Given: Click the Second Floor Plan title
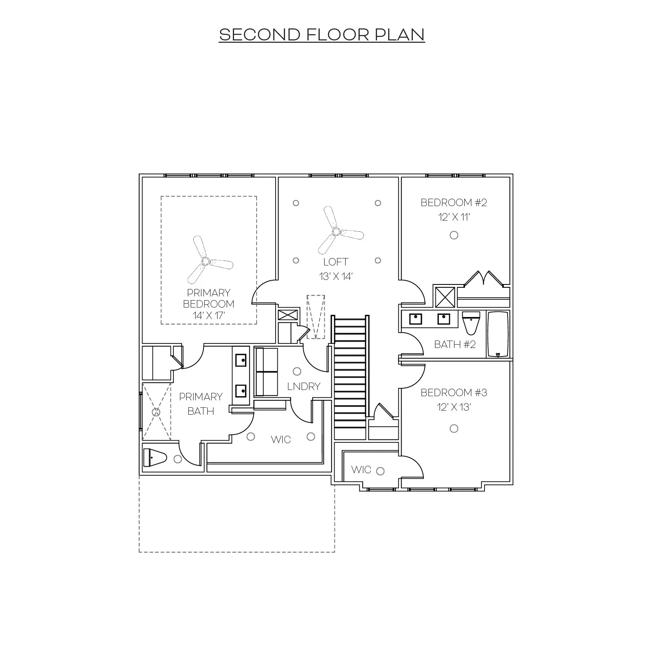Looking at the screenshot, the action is pyautogui.click(x=321, y=35).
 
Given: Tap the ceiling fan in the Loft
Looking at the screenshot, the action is pyautogui.click(x=336, y=232).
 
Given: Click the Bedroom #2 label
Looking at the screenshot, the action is pyautogui.click(x=454, y=202).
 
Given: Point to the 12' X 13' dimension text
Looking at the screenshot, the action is pyautogui.click(x=454, y=407).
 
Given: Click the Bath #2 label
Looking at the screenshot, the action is pyautogui.click(x=455, y=344).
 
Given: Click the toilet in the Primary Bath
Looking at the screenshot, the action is pyautogui.click(x=154, y=458).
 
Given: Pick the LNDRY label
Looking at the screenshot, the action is pyautogui.click(x=304, y=386).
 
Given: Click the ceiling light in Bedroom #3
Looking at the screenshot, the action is pyautogui.click(x=454, y=429).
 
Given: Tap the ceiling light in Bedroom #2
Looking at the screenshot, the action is pyautogui.click(x=454, y=235).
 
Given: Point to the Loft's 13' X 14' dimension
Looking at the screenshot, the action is pyautogui.click(x=336, y=277).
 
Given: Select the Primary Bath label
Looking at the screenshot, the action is pyautogui.click(x=201, y=404).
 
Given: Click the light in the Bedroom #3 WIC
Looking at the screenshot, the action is pyautogui.click(x=381, y=471).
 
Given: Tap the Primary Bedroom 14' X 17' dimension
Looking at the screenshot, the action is pyautogui.click(x=208, y=316).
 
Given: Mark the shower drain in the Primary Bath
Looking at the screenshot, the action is pyautogui.click(x=156, y=412).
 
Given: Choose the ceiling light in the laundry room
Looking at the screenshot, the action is pyautogui.click(x=297, y=371).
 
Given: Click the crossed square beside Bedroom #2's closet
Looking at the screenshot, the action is pyautogui.click(x=445, y=296).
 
